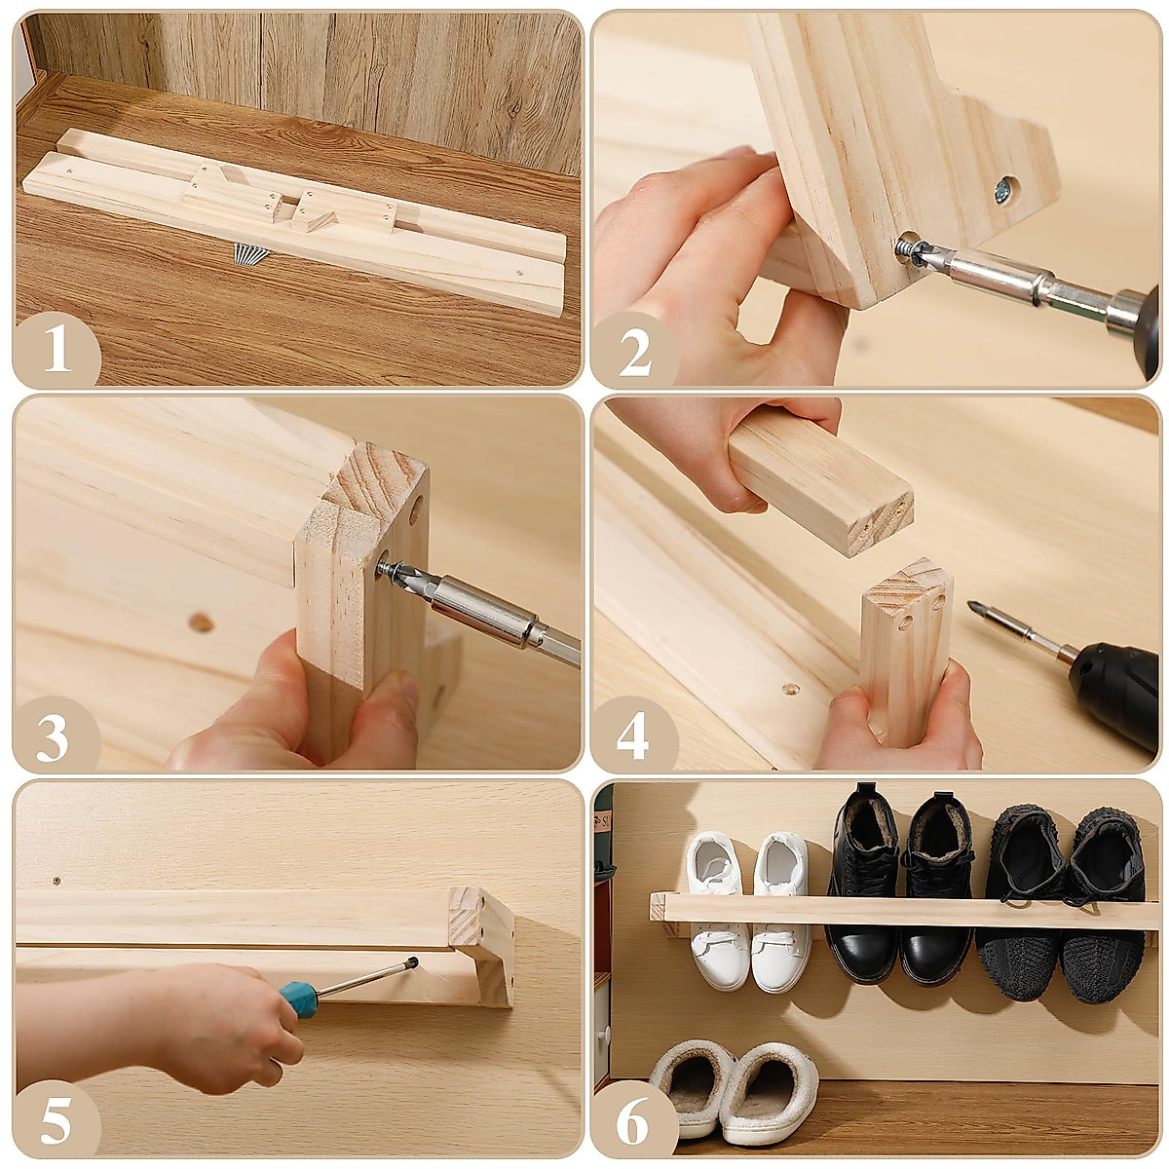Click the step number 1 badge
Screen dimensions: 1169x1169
pyautogui.click(x=57, y=350)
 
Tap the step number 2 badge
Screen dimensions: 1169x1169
pyautogui.click(x=634, y=350)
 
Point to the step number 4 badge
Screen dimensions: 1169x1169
pyautogui.click(x=634, y=735)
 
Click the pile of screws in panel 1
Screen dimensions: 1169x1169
pyautogui.click(x=249, y=253)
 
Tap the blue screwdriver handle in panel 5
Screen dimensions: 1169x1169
pyautogui.click(x=297, y=999)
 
